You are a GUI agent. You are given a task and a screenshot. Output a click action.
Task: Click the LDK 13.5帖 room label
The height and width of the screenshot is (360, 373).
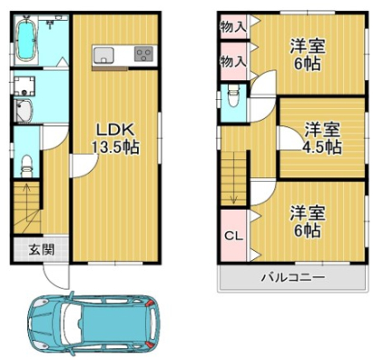(x=115, y=139)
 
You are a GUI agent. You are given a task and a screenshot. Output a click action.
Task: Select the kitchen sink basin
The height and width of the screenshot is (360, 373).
(x=104, y=55)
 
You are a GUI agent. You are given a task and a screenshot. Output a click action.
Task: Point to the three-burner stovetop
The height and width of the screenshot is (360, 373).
(x=143, y=54)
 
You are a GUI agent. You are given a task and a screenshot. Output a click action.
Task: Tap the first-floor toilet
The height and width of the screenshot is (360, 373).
(x=27, y=166)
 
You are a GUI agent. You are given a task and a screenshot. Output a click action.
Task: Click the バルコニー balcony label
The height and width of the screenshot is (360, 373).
(x=293, y=277)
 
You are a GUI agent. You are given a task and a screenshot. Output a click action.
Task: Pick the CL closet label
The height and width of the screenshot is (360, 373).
(x=233, y=237)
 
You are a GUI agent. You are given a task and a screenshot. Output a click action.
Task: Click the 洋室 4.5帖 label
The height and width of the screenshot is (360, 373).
(x=323, y=139)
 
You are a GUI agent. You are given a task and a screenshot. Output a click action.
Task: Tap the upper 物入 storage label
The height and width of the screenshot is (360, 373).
(x=233, y=27)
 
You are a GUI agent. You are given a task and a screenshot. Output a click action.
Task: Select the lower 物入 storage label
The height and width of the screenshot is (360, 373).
(x=233, y=62)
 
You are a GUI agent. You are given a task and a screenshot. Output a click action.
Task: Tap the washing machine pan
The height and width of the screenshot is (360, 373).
(x=24, y=86)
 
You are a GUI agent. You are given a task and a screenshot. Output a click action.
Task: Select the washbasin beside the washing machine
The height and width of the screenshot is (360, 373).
(x=24, y=111)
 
